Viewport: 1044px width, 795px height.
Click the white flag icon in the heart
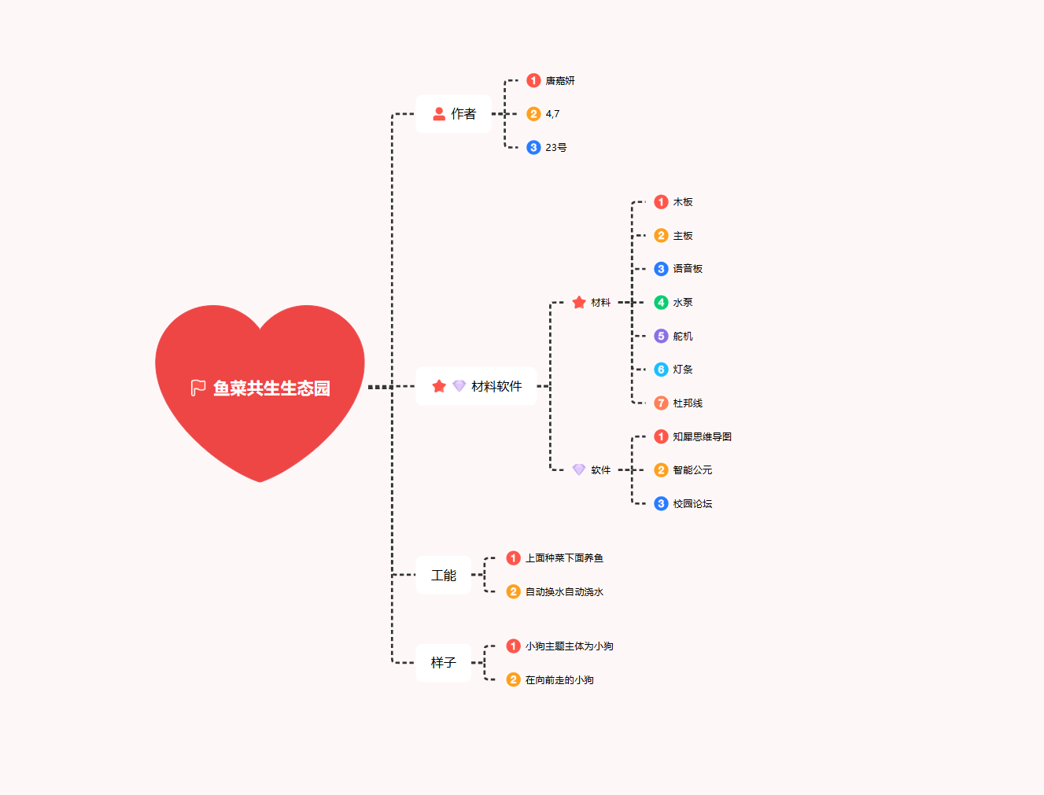tap(197, 388)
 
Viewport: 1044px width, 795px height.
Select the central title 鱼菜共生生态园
tap(271, 388)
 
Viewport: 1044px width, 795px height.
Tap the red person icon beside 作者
tap(439, 113)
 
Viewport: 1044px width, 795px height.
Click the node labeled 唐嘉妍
tap(560, 81)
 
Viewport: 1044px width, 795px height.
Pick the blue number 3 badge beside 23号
tap(533, 147)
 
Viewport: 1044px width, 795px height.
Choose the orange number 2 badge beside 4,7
tap(533, 114)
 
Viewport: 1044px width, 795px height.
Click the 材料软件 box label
tap(496, 386)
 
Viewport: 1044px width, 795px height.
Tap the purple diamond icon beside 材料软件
tap(459, 385)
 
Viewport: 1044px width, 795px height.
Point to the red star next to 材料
tap(579, 302)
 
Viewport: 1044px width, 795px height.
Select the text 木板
tap(683, 202)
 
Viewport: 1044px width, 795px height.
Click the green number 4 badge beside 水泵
tap(661, 302)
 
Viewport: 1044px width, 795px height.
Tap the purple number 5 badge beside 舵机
tap(661, 336)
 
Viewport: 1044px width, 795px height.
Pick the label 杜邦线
tap(688, 403)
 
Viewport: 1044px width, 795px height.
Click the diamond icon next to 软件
tap(579, 469)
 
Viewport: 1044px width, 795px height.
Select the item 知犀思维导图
tap(702, 436)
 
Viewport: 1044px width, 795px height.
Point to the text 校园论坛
tap(692, 504)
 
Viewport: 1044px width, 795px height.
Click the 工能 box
tap(443, 575)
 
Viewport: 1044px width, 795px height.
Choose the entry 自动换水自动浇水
tap(564, 591)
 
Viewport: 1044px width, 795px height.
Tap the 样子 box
tap(443, 662)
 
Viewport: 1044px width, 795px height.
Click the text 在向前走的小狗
tap(559, 680)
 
